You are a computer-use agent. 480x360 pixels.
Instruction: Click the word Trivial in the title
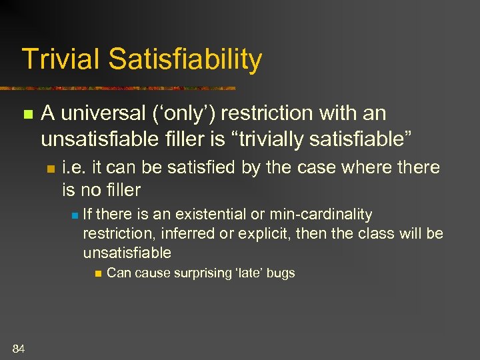[x=60, y=59]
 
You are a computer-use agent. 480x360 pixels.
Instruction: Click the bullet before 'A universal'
[x=27, y=115]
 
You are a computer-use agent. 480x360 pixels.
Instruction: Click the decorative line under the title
[x=120, y=88]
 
